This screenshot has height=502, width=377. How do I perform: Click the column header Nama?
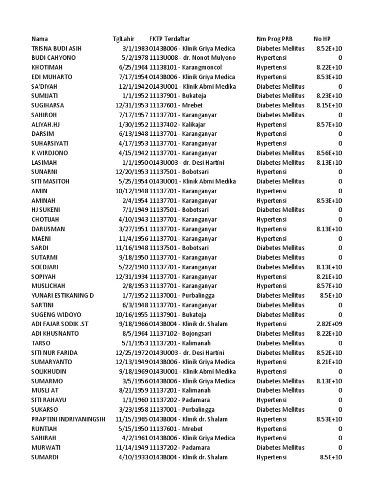pyautogui.click(x=40, y=39)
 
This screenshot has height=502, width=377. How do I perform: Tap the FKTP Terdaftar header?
pyautogui.click(x=170, y=39)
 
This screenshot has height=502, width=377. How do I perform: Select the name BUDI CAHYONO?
pyautogui.click(x=53, y=58)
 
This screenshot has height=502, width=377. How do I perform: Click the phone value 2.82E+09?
pyautogui.click(x=329, y=324)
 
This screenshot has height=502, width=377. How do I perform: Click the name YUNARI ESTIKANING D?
pyautogui.click(x=62, y=296)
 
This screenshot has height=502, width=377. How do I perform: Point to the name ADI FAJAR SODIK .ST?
pyautogui.click(x=59, y=324)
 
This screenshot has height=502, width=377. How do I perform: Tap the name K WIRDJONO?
pyautogui.click(x=50, y=153)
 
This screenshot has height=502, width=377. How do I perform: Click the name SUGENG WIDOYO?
pyautogui.click(x=56, y=315)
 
